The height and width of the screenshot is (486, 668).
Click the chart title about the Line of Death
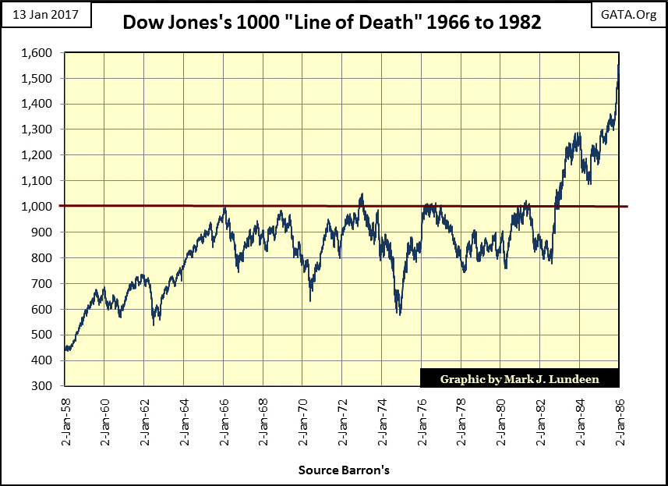(332, 23)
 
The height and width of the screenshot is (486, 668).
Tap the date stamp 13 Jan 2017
(46, 14)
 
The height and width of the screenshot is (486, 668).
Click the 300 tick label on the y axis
(45, 386)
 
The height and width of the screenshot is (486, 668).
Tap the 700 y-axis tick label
(45, 284)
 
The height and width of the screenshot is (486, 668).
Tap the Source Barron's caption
(343, 470)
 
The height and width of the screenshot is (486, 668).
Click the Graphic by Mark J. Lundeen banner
(519, 379)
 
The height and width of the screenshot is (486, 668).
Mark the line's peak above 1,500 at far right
(619, 66)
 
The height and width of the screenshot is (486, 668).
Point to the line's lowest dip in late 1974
(400, 314)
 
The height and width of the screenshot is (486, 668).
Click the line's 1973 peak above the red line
(362, 195)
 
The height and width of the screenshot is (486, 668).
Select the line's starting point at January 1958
(65, 349)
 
